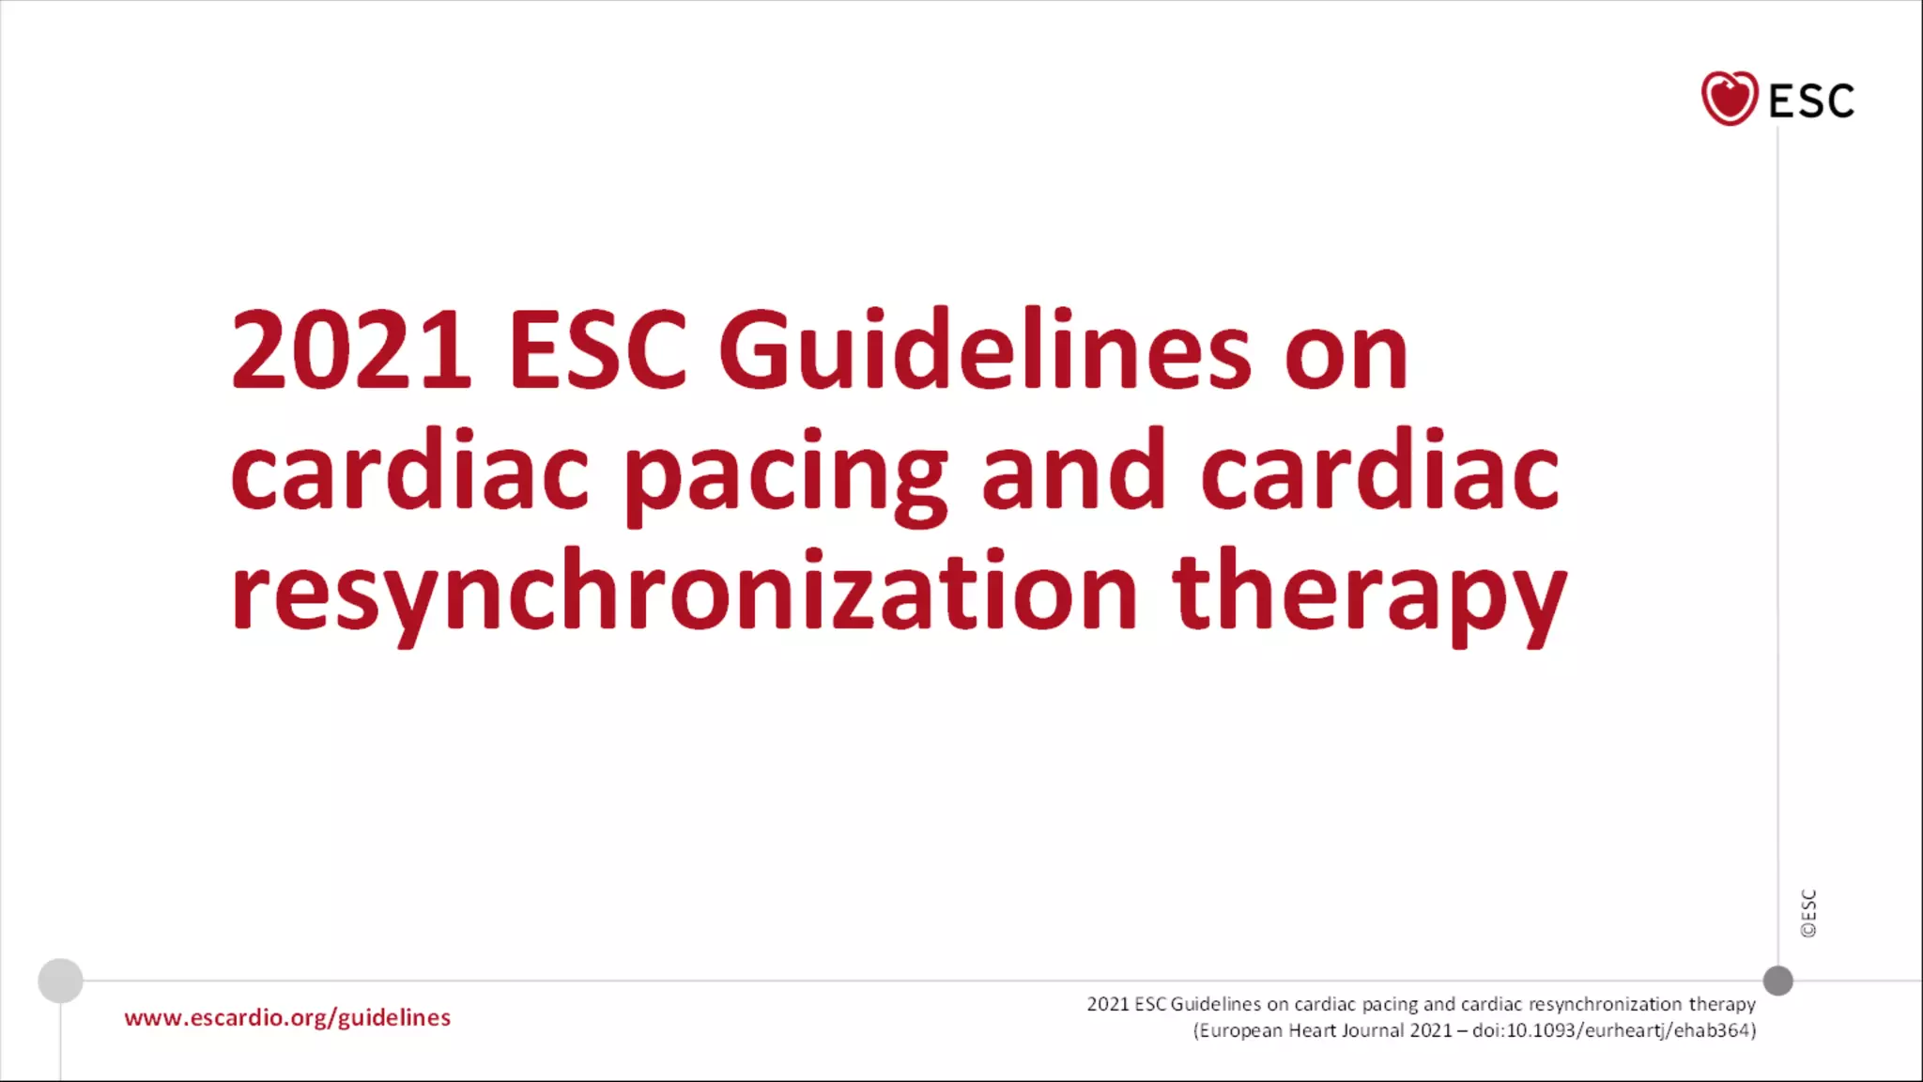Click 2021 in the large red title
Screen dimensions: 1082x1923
point(350,349)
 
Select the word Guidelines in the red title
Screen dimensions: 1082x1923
point(985,349)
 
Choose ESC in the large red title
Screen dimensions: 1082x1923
point(598,349)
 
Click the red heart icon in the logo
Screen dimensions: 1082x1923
point(1729,99)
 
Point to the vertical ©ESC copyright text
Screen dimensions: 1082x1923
point(1808,913)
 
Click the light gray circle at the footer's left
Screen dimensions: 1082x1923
point(60,981)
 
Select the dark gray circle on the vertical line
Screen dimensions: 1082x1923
point(1777,981)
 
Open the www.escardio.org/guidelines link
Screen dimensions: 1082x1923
point(287,1018)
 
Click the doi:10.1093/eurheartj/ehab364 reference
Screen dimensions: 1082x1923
point(1612,1030)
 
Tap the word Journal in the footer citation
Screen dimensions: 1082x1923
point(1372,1030)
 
